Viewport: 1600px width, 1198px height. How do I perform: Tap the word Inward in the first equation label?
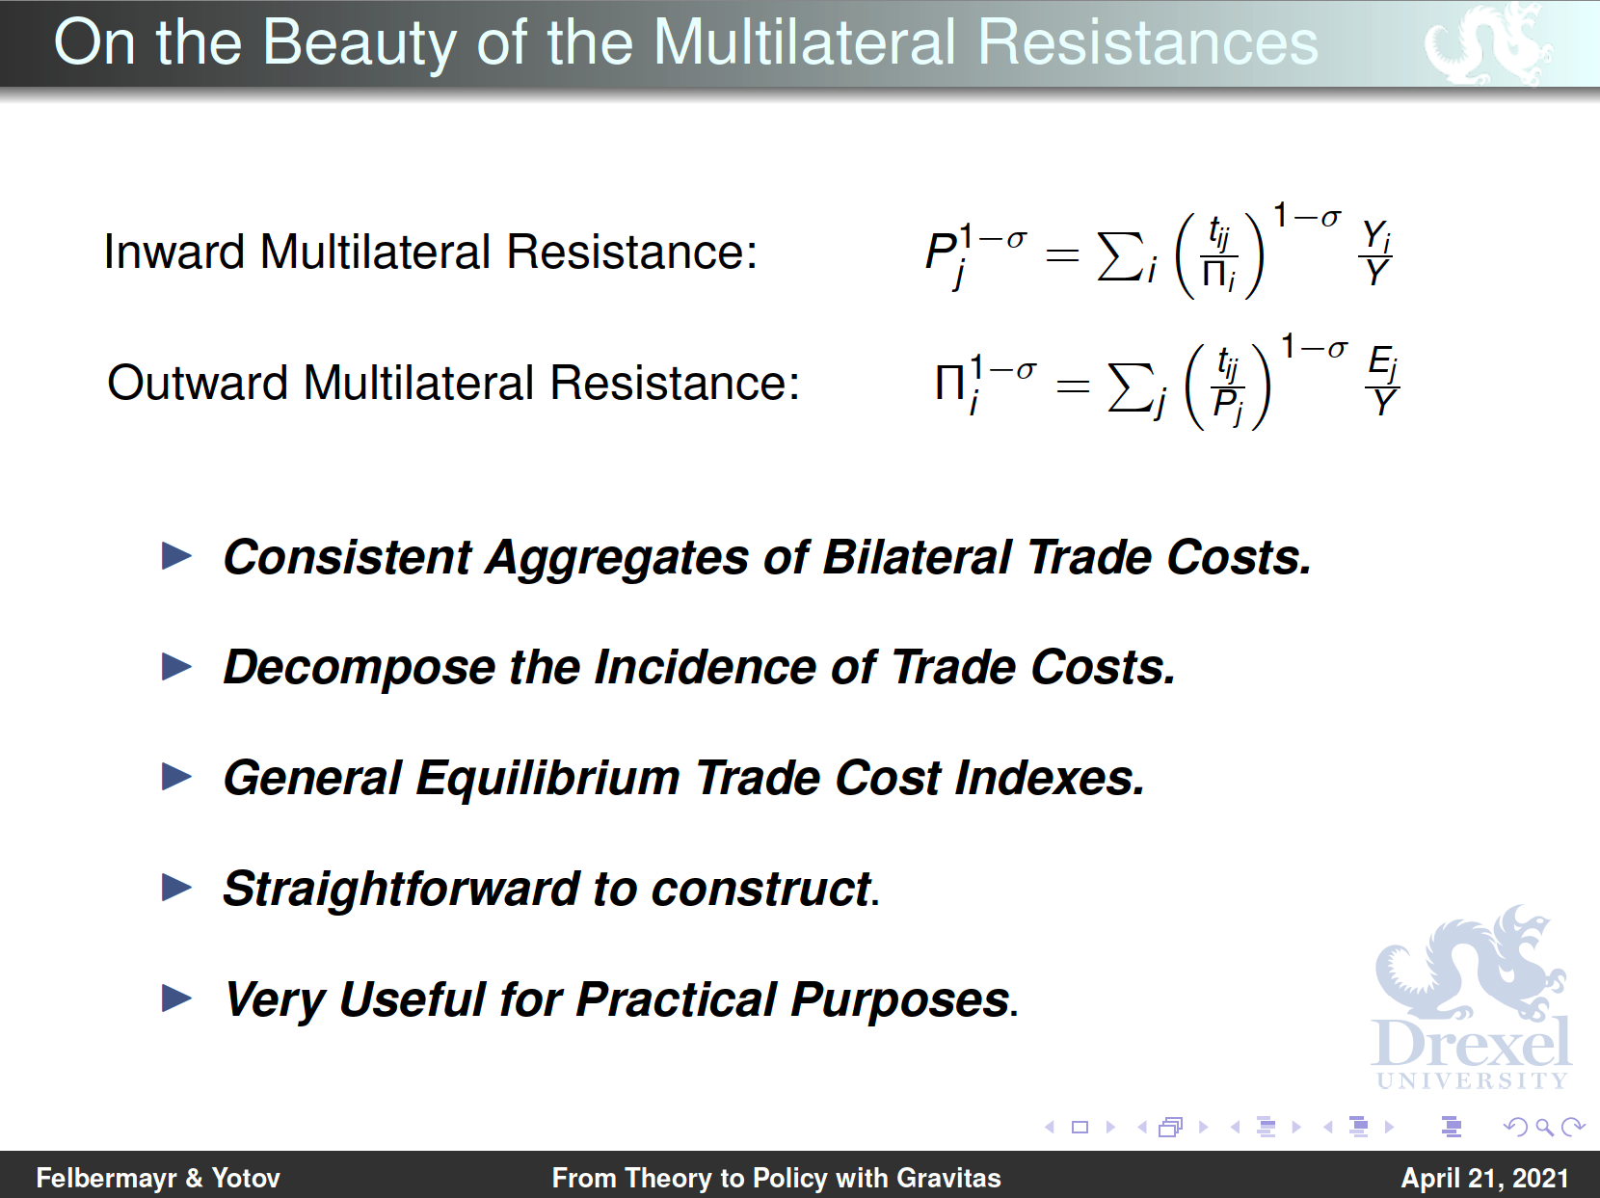tap(173, 253)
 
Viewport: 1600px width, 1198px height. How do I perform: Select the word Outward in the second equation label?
tap(198, 384)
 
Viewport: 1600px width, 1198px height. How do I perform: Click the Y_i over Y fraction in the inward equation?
tap(1376, 253)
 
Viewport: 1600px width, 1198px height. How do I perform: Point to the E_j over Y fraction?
tap(1382, 381)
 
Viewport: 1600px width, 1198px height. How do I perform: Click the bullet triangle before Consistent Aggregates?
tap(176, 556)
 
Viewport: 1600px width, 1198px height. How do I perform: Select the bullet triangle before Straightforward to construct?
tap(176, 888)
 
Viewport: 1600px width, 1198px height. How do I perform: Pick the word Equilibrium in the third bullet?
tap(547, 778)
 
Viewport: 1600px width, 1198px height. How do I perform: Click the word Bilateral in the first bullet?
tap(917, 557)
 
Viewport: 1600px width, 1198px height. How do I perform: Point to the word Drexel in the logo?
tap(1471, 1044)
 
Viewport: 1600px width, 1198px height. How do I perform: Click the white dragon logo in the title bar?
tap(1487, 43)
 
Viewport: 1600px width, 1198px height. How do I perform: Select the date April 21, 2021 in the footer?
tap(1485, 1179)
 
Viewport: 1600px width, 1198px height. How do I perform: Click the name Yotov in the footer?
tap(246, 1179)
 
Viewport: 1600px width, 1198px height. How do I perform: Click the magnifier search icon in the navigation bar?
tap(1543, 1128)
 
